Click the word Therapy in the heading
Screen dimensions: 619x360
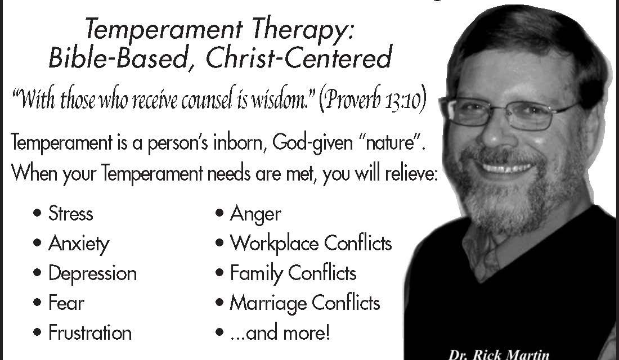pos(302,30)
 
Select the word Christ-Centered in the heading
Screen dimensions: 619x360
pos(299,57)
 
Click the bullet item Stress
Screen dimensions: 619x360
pos(71,214)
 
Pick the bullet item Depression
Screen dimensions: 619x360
pos(92,273)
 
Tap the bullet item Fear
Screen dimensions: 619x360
pos(66,303)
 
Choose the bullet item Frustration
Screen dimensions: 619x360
pos(90,333)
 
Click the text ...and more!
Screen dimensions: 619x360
pos(280,333)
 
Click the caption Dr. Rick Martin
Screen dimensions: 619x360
pos(499,354)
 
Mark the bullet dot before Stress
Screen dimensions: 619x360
pos(37,214)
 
